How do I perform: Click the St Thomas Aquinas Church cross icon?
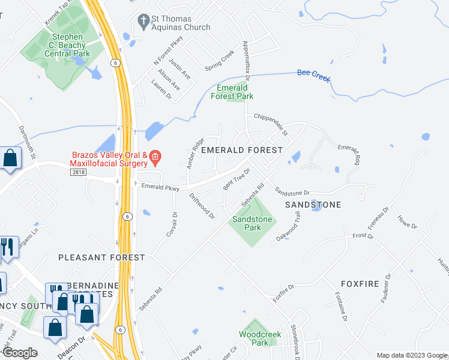tap(143, 22)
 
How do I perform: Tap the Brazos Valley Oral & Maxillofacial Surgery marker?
tap(155, 158)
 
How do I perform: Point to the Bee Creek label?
tap(314, 76)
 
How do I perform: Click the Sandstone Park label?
tap(253, 224)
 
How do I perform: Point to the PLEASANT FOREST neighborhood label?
tap(101, 257)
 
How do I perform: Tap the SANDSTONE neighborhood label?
tap(313, 205)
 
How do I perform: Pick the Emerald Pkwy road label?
tap(160, 188)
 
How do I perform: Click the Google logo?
tap(20, 353)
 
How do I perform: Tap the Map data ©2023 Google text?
tap(411, 355)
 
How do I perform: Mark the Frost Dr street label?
tap(363, 236)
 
